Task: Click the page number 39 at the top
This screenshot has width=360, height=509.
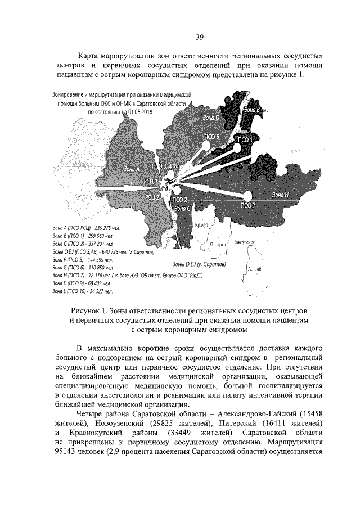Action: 199,38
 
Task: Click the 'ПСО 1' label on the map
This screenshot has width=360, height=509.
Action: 246,139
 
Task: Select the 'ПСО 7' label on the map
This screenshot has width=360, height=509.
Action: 248,205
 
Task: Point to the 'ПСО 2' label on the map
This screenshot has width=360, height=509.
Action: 179,200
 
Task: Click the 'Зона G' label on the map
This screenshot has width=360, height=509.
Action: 210,117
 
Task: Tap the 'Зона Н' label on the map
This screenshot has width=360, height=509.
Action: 280,195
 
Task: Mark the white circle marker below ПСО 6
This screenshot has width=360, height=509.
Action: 206,146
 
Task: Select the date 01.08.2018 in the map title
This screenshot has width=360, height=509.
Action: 137,112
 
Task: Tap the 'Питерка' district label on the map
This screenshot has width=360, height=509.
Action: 218,245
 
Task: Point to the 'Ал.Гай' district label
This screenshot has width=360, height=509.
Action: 255,269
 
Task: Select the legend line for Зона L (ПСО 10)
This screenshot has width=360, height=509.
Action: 82,292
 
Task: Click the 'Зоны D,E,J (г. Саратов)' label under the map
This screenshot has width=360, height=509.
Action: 199,263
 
